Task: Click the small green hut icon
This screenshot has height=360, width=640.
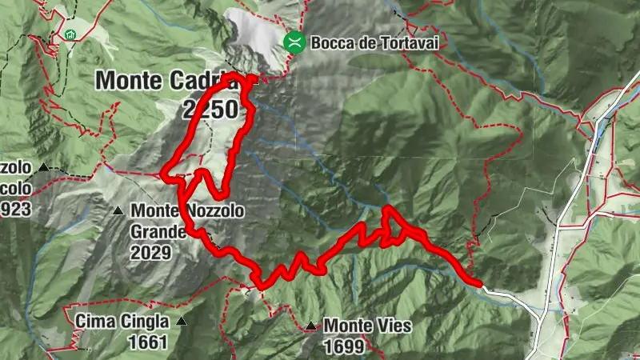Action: (x=71, y=34)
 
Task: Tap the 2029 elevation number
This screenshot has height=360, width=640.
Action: (x=153, y=253)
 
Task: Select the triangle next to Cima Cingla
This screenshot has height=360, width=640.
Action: (x=182, y=322)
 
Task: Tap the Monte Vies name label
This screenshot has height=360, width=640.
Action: (x=367, y=326)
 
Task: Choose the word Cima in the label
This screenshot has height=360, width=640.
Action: (x=94, y=322)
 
